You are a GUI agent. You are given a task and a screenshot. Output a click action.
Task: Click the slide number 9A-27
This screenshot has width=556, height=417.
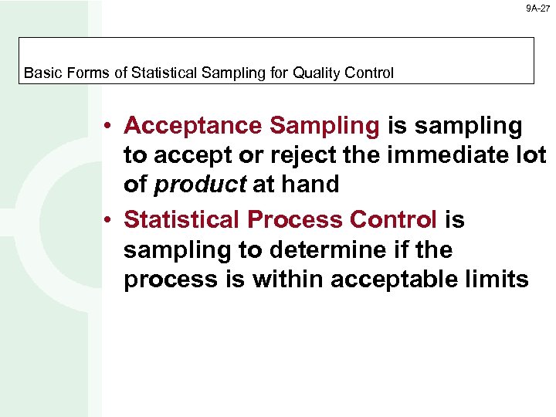coord(539,8)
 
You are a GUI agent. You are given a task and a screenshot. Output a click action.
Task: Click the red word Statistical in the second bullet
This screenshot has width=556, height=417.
coord(182,220)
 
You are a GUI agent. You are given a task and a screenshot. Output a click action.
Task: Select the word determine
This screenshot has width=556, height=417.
coord(327,250)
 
